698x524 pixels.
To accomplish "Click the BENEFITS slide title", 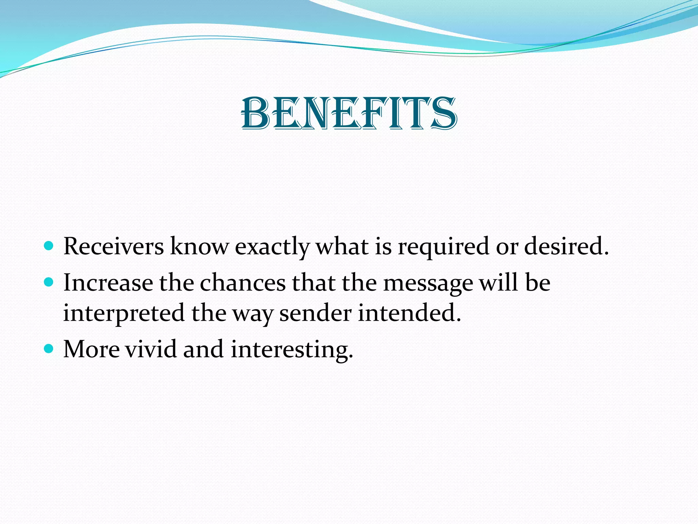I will tap(349, 114).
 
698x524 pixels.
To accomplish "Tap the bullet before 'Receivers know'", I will tap(49, 246).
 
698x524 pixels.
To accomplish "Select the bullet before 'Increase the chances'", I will tap(49, 282).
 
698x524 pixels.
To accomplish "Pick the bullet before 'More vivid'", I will tap(49, 349).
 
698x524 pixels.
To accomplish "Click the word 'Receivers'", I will tap(113, 246).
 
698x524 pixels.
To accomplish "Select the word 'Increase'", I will tap(108, 283).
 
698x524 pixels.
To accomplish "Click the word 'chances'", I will tap(243, 283).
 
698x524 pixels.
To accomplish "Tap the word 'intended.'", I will tap(409, 313).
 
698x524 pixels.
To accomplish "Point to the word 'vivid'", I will tap(151, 349).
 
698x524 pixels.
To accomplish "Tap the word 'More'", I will tap(92, 349).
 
